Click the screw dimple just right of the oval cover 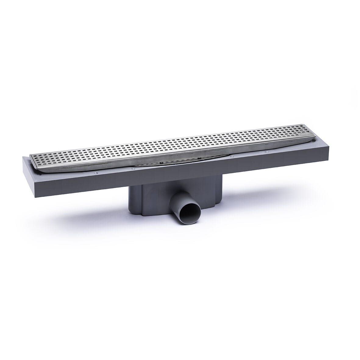pos(233,156)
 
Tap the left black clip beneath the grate pos(159,164)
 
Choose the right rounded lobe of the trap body pos(218,192)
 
